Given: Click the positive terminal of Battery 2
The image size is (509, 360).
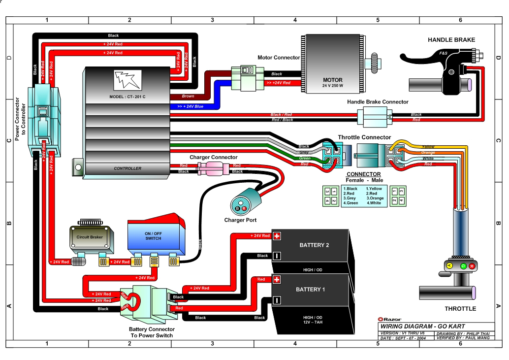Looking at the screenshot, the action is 277,236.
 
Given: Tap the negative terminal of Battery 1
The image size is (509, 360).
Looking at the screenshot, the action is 277,300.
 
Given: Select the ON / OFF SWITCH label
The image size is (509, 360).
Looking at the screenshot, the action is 153,236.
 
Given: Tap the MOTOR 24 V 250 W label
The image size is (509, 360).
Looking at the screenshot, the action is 332,82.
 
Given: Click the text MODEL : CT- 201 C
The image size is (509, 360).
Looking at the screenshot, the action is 127,97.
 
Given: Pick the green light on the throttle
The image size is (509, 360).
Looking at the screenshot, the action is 463,266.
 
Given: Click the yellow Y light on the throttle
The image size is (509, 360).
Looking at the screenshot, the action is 449,266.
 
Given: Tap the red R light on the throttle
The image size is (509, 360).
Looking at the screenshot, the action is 472,266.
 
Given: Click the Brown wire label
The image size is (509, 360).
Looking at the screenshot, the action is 188,96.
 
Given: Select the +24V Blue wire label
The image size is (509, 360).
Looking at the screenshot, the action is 190,106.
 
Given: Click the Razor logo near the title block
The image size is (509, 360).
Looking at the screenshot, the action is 389,320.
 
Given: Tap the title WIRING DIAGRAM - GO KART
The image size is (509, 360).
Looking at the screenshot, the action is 423,326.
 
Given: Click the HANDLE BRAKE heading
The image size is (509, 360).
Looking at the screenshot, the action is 451,40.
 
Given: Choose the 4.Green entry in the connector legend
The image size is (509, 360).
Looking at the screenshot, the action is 350,203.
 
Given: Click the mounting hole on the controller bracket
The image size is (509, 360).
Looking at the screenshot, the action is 78,167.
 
